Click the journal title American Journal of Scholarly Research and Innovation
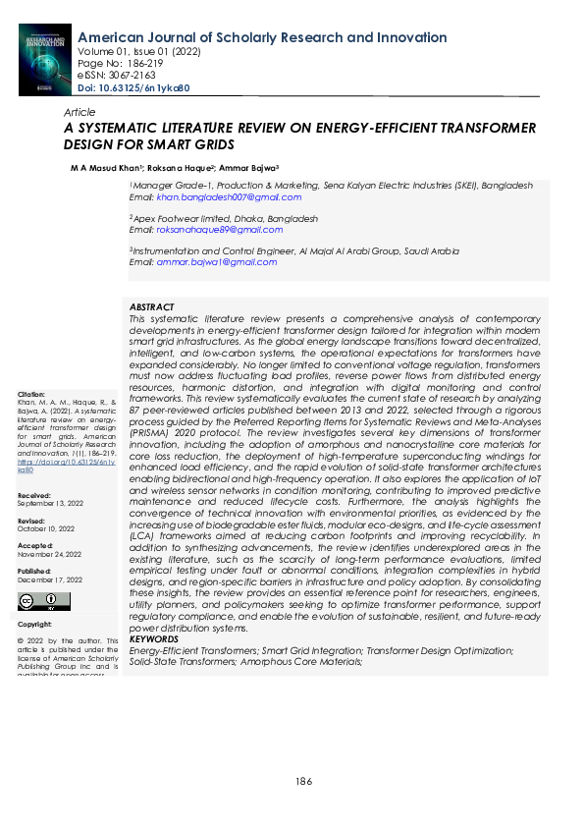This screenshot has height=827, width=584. (262, 37)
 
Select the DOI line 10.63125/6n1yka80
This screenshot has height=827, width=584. (133, 87)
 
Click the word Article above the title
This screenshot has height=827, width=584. (80, 113)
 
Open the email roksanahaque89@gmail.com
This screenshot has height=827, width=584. (219, 230)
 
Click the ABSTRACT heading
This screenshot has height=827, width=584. (151, 307)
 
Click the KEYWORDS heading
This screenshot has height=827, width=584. (154, 639)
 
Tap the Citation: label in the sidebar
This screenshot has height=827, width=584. (32, 394)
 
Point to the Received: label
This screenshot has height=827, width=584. (34, 496)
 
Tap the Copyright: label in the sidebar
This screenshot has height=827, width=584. (34, 625)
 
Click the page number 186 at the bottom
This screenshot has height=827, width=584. (304, 781)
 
